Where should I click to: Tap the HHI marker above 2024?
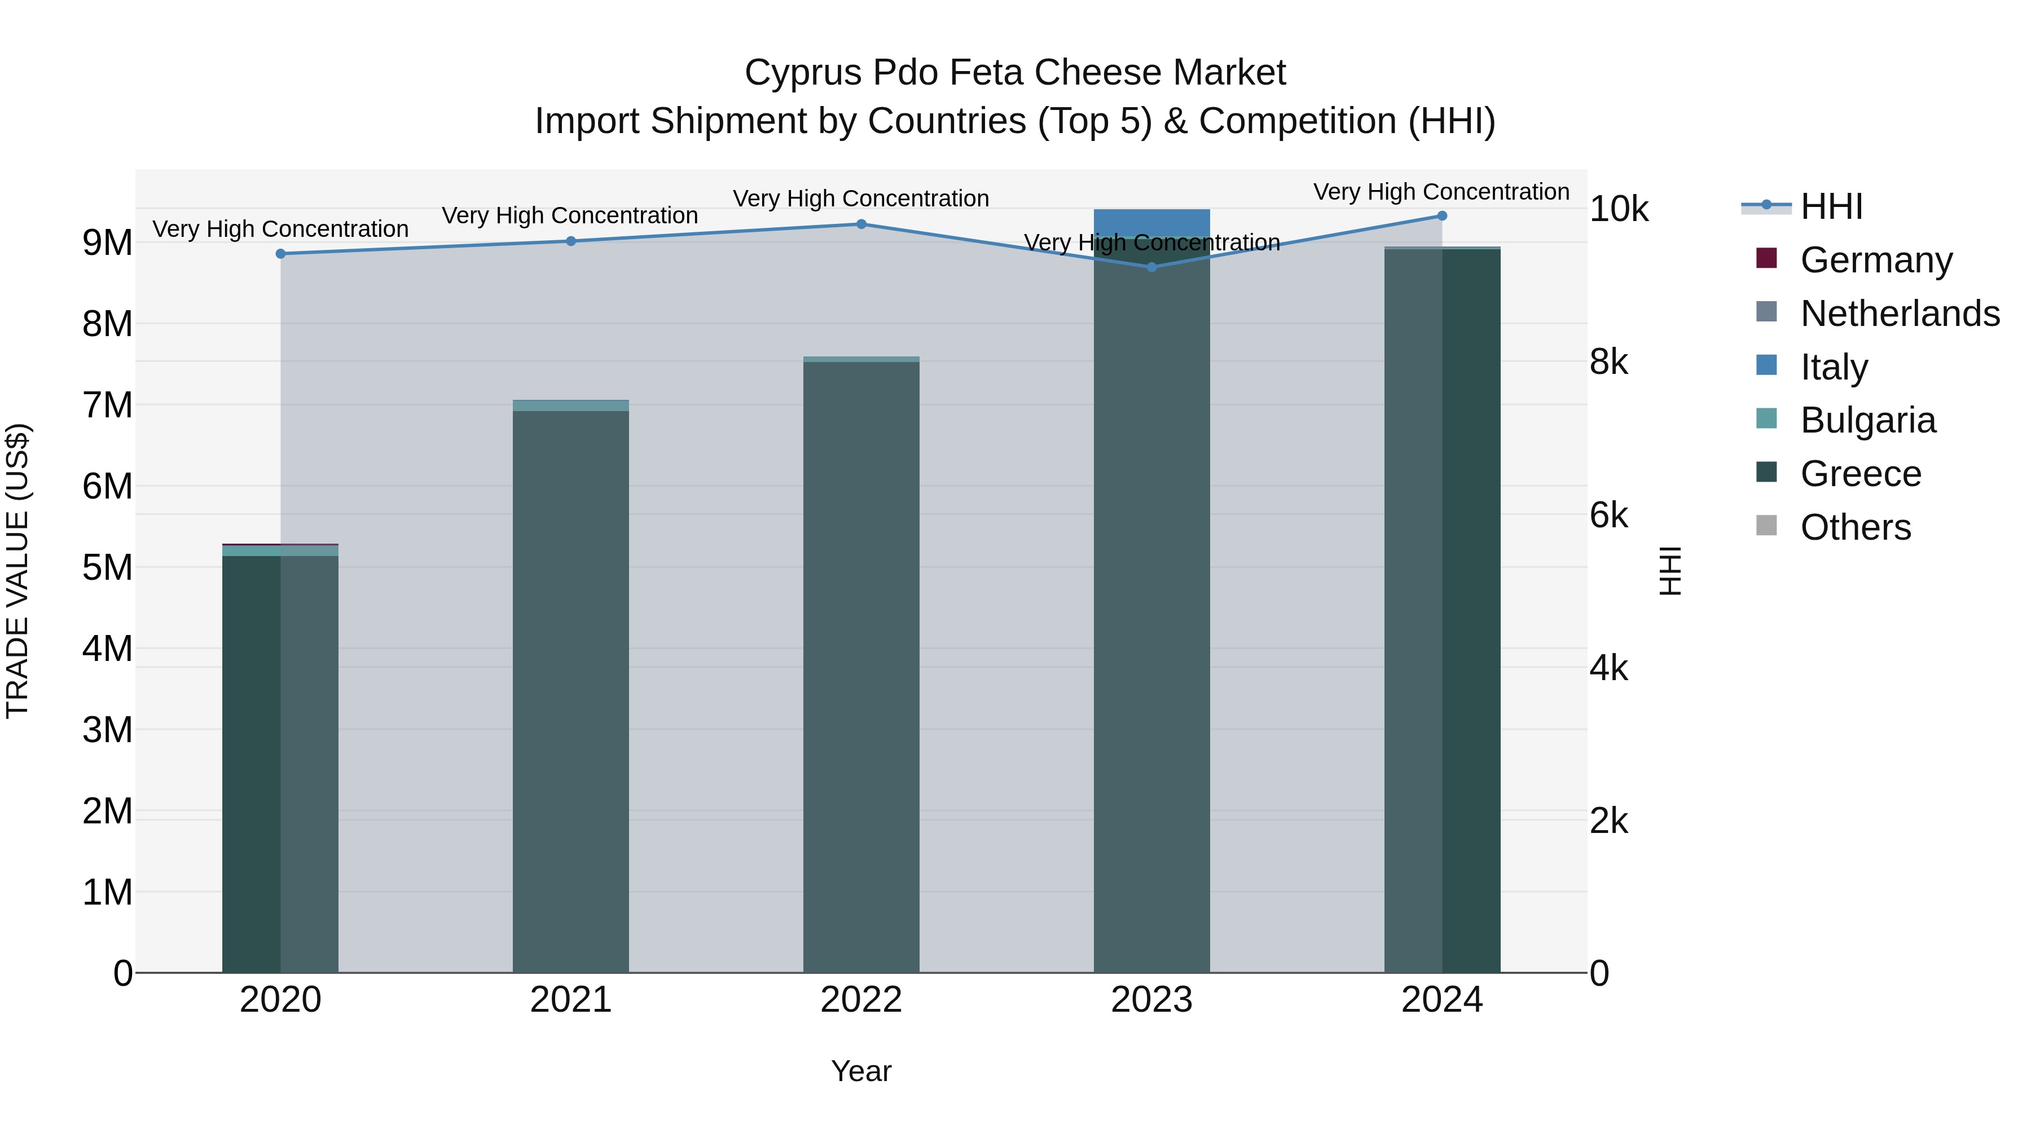click(1442, 216)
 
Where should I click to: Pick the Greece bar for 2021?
click(571, 694)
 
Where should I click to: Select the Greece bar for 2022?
click(861, 670)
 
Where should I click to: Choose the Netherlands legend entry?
click(1900, 314)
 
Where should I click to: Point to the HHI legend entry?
click(1831, 206)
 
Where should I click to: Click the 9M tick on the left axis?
click(107, 242)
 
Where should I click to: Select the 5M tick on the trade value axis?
click(107, 567)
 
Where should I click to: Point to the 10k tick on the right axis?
click(1619, 210)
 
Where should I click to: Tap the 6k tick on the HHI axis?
click(1608, 515)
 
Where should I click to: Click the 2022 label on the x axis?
click(861, 1000)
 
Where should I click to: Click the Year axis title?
click(861, 1071)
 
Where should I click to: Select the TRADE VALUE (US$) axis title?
click(17, 571)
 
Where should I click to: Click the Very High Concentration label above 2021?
click(569, 215)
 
